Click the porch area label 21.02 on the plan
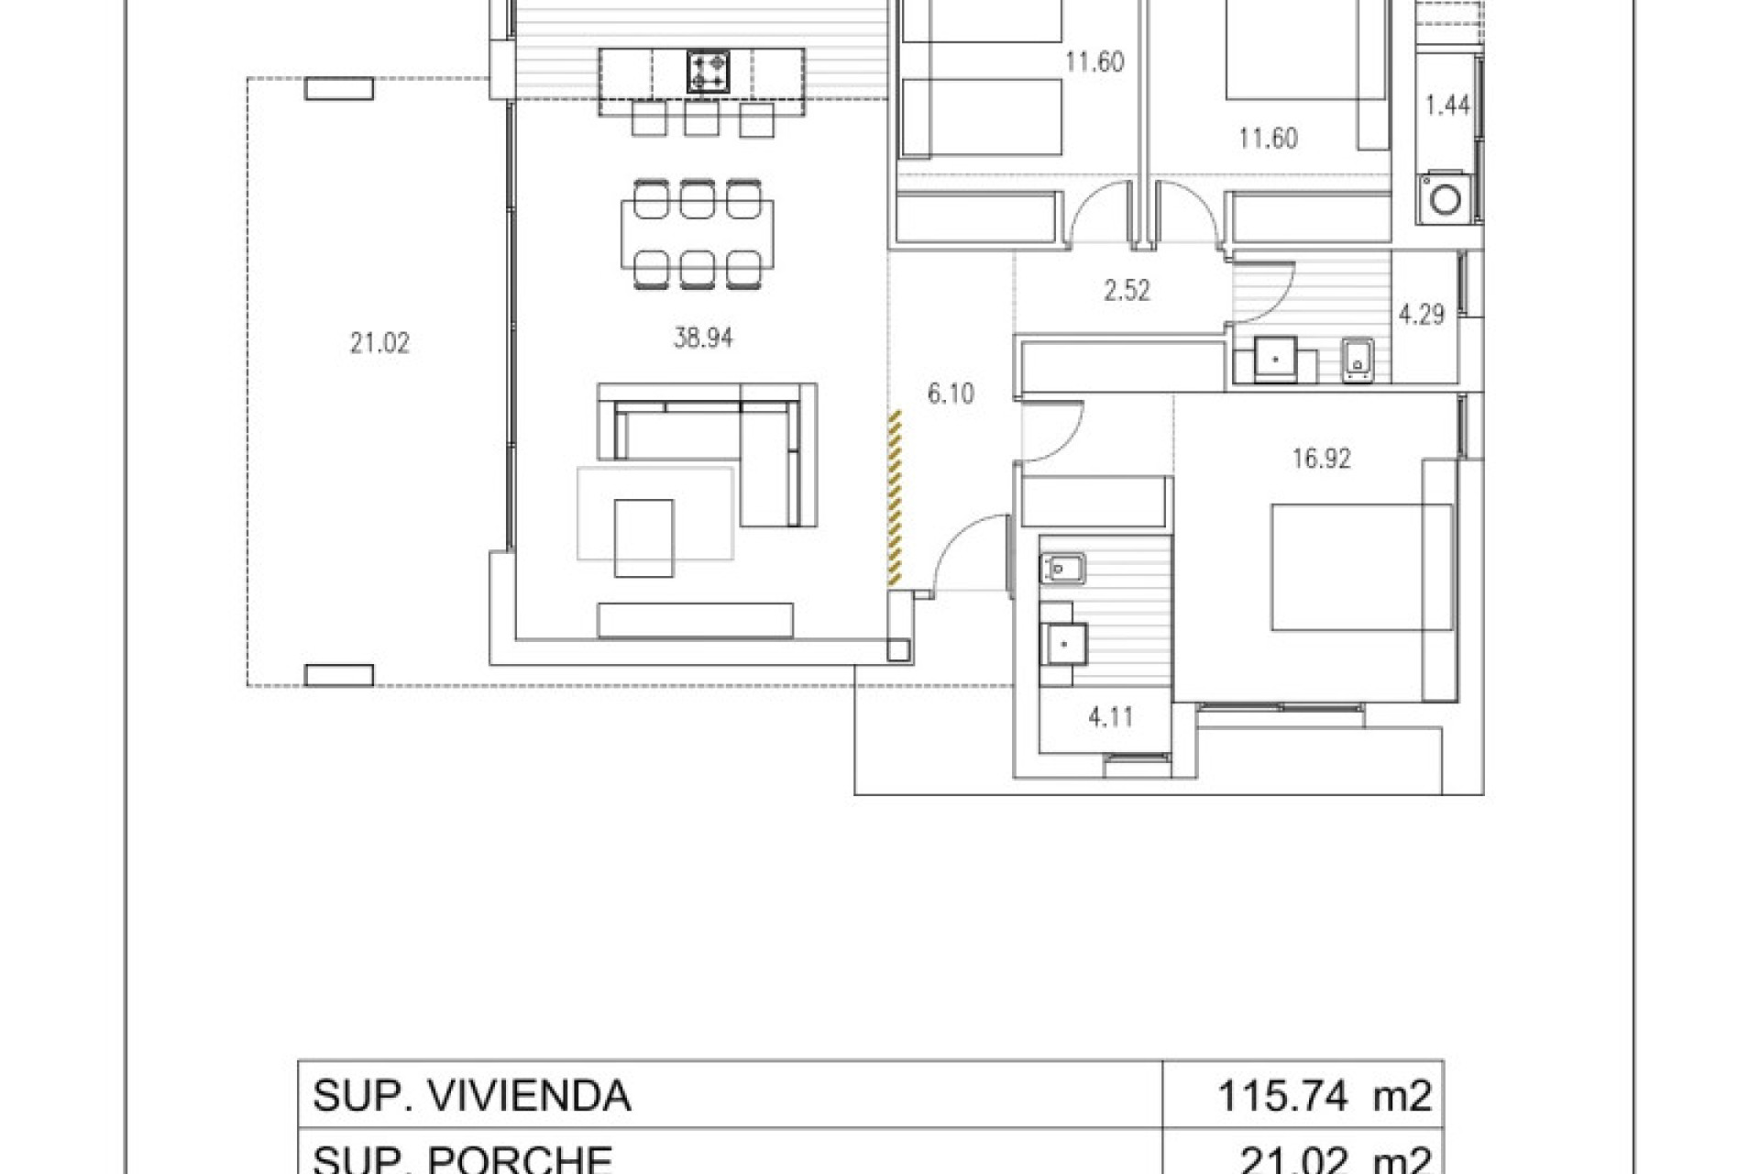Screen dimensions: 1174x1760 pyautogui.click(x=379, y=344)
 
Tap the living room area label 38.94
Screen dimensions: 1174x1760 pyautogui.click(x=703, y=338)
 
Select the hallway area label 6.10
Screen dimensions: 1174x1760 pyautogui.click(x=951, y=394)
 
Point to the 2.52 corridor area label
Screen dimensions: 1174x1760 pyautogui.click(x=1127, y=291)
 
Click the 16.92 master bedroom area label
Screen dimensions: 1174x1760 pyautogui.click(x=1321, y=459)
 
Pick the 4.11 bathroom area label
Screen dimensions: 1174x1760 pyautogui.click(x=1110, y=717)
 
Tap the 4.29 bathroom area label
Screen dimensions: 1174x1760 pyautogui.click(x=1421, y=316)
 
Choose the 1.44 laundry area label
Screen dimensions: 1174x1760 pyautogui.click(x=1447, y=105)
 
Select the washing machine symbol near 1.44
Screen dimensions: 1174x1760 pyautogui.click(x=1445, y=199)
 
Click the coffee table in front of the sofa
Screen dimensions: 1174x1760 pyautogui.click(x=643, y=537)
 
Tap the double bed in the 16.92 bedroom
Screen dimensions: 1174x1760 pyautogui.click(x=1361, y=567)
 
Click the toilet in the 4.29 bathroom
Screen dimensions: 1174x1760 pyautogui.click(x=1357, y=360)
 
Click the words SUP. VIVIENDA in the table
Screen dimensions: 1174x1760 pyautogui.click(x=471, y=1096)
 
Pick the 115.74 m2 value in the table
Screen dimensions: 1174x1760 pyautogui.click(x=1323, y=1096)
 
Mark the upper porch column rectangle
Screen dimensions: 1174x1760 pyautogui.click(x=339, y=89)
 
